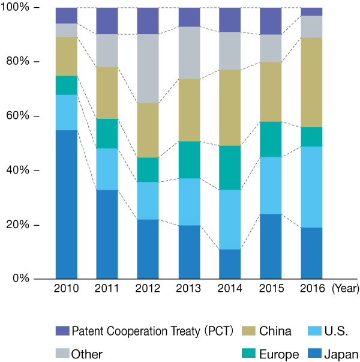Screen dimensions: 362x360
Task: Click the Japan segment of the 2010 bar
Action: click(x=67, y=204)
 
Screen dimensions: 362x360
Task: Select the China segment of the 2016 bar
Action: click(x=311, y=82)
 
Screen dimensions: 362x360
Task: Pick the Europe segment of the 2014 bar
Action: click(x=230, y=167)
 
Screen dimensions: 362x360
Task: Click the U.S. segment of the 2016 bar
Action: click(x=311, y=187)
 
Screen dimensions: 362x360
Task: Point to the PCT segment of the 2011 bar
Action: click(x=107, y=21)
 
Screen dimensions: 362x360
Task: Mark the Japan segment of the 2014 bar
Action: click(x=230, y=264)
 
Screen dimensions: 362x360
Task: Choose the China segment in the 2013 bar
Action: click(x=189, y=110)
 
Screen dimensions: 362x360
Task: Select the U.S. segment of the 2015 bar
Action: click(x=271, y=186)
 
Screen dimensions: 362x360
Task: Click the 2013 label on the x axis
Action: click(x=189, y=289)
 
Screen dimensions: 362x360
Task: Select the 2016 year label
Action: click(x=311, y=289)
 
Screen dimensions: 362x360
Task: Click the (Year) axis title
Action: click(x=345, y=289)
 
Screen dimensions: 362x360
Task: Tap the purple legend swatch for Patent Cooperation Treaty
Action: click(x=62, y=331)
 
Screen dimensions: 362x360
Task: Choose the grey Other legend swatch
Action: click(x=62, y=354)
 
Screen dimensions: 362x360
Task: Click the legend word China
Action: click(x=275, y=331)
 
